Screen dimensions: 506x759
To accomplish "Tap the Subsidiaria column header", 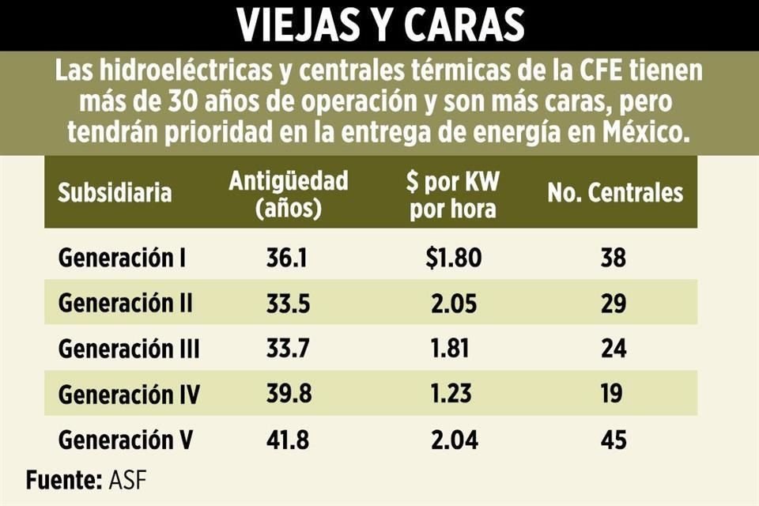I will (115, 192).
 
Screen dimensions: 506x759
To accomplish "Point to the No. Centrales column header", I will (615, 192).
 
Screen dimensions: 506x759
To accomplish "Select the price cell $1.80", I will (452, 258).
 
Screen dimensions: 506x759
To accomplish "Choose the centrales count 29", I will (613, 303).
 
